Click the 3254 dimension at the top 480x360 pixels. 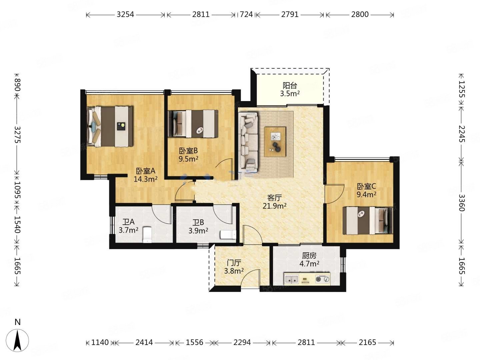(125, 14)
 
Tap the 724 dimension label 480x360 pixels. (246, 14)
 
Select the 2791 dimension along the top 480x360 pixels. (290, 14)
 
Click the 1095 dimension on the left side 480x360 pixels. (17, 190)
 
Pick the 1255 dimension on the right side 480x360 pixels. (462, 89)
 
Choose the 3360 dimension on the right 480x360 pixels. (462, 203)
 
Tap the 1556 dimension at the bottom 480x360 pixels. (194, 342)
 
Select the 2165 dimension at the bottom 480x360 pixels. (367, 342)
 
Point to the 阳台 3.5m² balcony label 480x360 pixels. (290, 89)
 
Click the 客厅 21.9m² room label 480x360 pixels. (274, 202)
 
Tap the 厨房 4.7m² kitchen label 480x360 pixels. (309, 260)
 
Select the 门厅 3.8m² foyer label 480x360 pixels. (234, 267)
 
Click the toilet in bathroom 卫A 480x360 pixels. (147, 235)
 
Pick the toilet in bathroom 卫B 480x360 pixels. (228, 235)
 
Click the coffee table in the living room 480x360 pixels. (275, 142)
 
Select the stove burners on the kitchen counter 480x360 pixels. (323, 279)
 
